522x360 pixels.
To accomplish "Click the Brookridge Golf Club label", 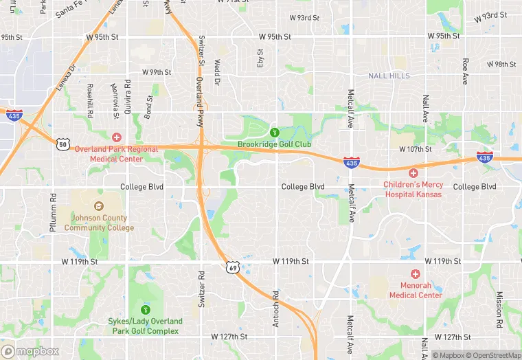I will tap(274, 144).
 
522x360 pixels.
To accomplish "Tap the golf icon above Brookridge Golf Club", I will tap(274, 132).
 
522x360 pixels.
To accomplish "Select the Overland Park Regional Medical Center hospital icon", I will tap(117, 137).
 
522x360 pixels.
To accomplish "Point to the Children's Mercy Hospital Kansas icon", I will tap(413, 174).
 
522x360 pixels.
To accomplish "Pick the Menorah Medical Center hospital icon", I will tap(416, 274).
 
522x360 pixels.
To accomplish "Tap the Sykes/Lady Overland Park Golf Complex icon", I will tap(145, 309).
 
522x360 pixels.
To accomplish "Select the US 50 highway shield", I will tap(63, 144).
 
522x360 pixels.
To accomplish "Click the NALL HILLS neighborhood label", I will tap(388, 76).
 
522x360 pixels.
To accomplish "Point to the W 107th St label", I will tap(415, 149).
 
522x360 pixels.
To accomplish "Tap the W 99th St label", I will tap(157, 71).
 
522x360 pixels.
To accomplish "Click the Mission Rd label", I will tap(501, 308).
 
